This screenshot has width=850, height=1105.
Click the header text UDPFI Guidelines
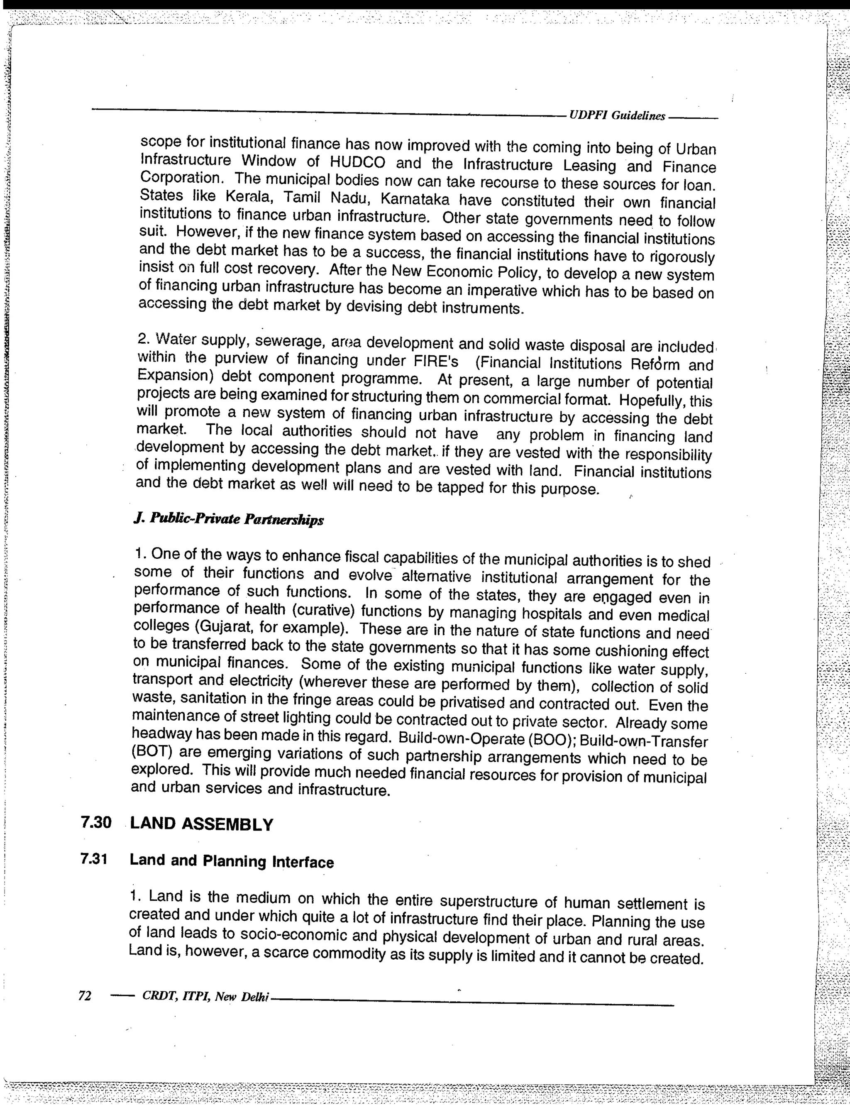[617, 115]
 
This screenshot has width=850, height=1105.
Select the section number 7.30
[95, 823]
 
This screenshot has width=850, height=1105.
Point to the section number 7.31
[95, 859]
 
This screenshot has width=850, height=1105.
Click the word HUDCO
[357, 163]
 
